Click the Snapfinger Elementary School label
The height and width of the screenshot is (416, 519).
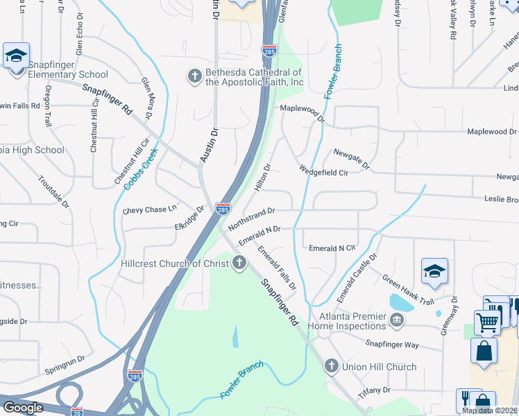click(x=68, y=74)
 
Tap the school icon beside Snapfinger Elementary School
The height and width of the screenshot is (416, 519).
click(x=16, y=55)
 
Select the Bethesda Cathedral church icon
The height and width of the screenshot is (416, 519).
click(x=194, y=75)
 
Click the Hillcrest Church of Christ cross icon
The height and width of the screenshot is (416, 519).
click(x=239, y=263)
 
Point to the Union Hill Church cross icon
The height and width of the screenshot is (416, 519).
click(x=331, y=366)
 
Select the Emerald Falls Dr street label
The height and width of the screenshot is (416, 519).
click(x=277, y=268)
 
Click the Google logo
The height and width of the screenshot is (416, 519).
click(x=23, y=408)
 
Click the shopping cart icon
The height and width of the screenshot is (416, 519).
click(x=488, y=321)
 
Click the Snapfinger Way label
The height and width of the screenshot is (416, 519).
click(x=393, y=344)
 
